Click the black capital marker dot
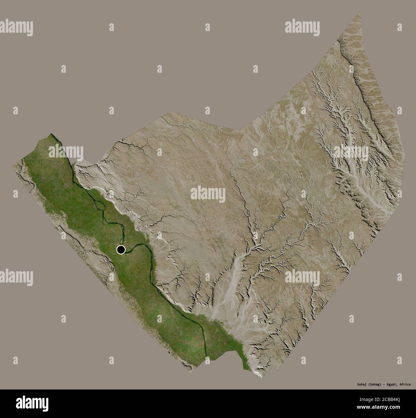[121, 250]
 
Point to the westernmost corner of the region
[13, 164]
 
